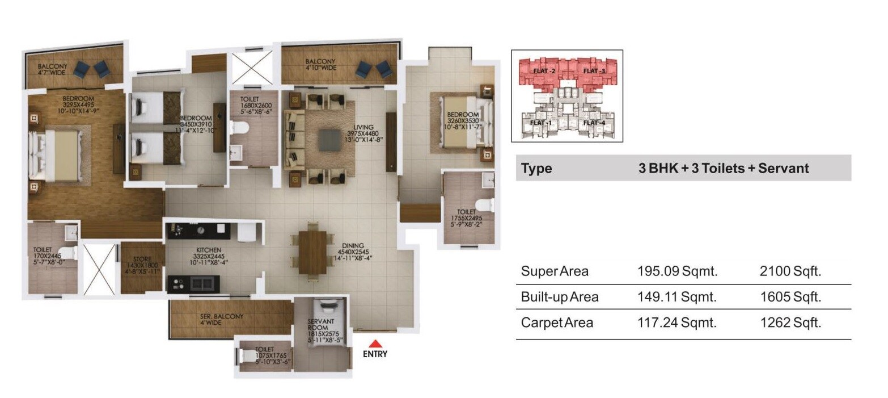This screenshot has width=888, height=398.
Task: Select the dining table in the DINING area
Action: pyautogui.click(x=312, y=252)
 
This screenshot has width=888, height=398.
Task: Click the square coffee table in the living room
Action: pyautogui.click(x=328, y=140)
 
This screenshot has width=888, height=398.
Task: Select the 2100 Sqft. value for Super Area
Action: pyautogui.click(x=790, y=271)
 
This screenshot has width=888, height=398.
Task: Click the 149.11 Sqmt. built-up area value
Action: pyautogui.click(x=678, y=297)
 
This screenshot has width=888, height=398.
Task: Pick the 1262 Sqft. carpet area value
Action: pyautogui.click(x=790, y=323)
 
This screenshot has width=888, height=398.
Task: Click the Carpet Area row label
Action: pyautogui.click(x=557, y=323)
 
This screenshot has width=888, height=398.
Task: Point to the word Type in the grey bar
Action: pyautogui.click(x=536, y=169)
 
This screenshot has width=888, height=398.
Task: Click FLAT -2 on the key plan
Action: pyautogui.click(x=544, y=71)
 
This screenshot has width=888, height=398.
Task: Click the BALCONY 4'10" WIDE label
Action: pyautogui.click(x=320, y=65)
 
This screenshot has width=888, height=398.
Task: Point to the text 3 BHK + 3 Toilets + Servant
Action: pyautogui.click(x=724, y=169)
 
